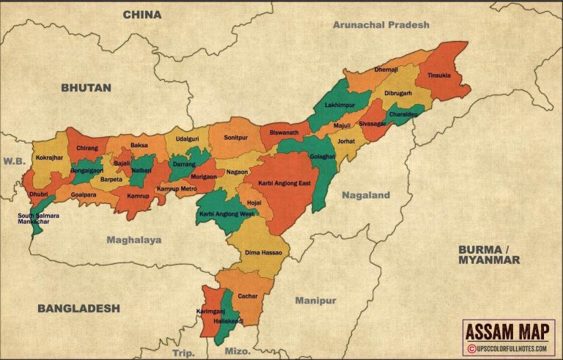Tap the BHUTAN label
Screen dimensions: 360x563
tap(86, 87)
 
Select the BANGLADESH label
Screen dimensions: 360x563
tap(78, 308)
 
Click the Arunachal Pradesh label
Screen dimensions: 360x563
tap(380, 24)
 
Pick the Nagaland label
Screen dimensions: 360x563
tap(366, 195)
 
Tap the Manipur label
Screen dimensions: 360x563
tap(315, 301)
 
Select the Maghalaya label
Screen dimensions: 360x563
tap(133, 239)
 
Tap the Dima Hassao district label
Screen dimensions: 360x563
tap(263, 252)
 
